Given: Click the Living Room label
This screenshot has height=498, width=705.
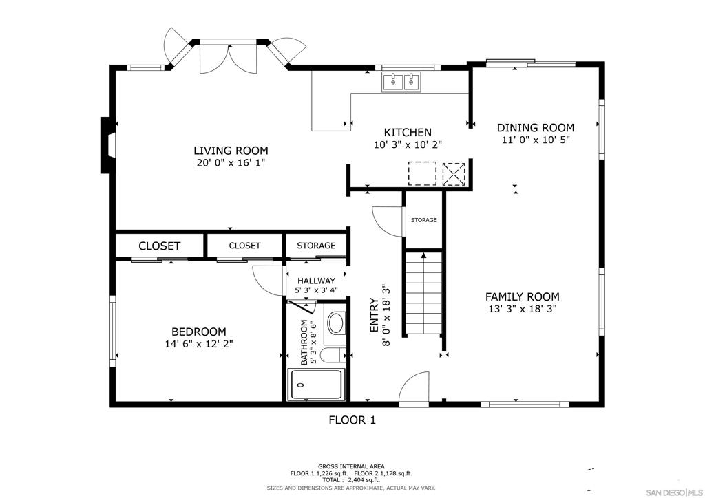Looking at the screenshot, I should [x=231, y=151].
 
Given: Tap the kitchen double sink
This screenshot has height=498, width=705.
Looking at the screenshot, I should [x=402, y=83].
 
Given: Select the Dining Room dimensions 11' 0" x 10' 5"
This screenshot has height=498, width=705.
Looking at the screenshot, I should [x=536, y=140].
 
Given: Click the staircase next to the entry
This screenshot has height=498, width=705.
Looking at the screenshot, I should [x=422, y=294].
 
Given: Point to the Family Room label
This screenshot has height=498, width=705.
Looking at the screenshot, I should [x=522, y=296].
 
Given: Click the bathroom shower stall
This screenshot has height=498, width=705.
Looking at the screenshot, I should [x=316, y=385].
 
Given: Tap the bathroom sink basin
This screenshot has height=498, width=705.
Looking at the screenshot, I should [x=336, y=323].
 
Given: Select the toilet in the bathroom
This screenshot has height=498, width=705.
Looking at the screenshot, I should [x=333, y=356].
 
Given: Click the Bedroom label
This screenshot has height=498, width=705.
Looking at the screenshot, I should [x=198, y=332].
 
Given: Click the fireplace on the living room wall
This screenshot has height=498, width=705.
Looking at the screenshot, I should [x=107, y=145].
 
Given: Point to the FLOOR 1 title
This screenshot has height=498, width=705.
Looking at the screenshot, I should [x=352, y=420].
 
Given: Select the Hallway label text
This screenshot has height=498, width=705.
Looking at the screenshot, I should [x=316, y=281].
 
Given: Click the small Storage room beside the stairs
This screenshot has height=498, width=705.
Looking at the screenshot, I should [x=423, y=220].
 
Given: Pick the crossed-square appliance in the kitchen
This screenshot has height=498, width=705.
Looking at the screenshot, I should [x=454, y=173].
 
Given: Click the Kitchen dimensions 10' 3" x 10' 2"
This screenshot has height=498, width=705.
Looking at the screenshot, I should [x=408, y=145].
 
